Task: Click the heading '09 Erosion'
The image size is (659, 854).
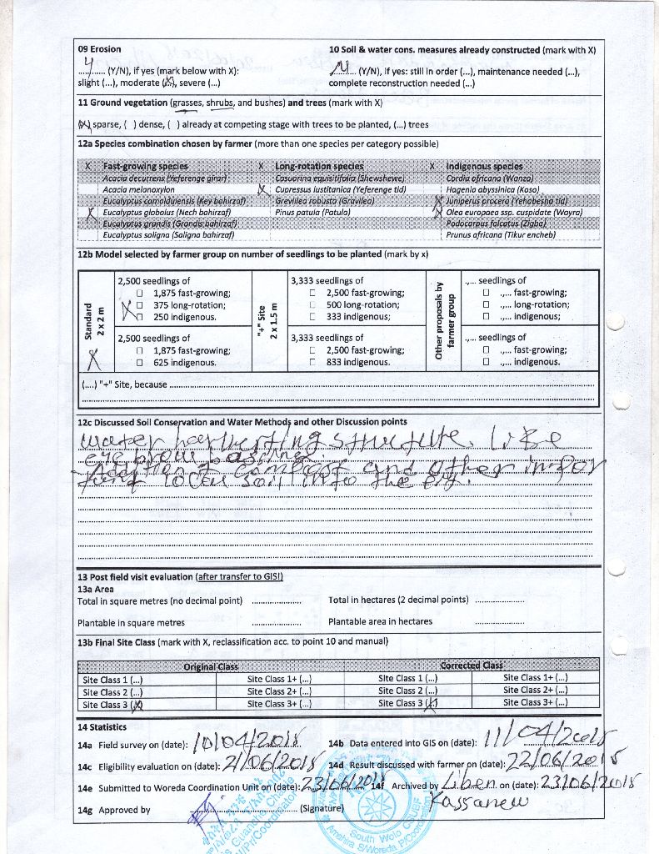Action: (99, 49)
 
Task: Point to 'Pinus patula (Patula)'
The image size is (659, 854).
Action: (312, 213)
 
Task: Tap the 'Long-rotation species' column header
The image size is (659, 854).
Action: (319, 167)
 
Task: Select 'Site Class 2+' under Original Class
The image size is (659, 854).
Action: (279, 691)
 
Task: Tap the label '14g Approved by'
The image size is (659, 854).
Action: (114, 810)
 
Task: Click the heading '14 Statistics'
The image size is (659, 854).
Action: (102, 727)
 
